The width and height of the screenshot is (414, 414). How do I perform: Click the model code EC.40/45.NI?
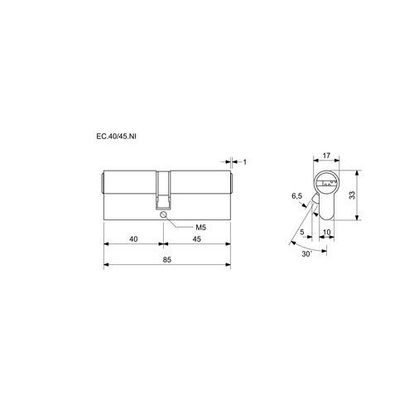116,137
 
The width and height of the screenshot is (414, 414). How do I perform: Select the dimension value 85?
167,260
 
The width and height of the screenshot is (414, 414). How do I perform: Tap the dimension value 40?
133,239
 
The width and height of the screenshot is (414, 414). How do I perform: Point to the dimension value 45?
196,239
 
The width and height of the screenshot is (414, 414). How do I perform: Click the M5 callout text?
200,228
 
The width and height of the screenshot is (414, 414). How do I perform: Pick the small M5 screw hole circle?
163,214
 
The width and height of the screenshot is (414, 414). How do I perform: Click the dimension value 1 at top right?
245,162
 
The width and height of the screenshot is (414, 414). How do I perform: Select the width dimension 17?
326,156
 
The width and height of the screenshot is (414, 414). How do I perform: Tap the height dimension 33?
352,195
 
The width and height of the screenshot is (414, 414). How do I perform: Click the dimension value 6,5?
297,196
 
